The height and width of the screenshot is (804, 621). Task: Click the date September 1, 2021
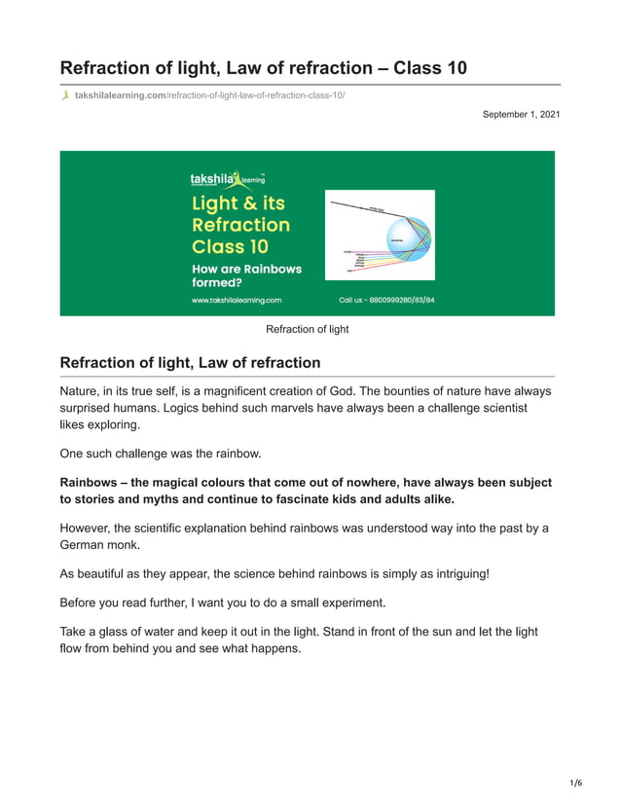point(521,115)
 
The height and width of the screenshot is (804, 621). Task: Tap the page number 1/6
point(575,783)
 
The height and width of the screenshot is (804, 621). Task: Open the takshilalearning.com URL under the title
point(209,95)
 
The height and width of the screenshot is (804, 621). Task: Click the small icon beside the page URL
point(65,95)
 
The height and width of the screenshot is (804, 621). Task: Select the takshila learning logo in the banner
point(228,178)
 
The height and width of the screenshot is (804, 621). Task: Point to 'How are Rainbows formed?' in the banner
point(246,275)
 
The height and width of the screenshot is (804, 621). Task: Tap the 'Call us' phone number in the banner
point(386,300)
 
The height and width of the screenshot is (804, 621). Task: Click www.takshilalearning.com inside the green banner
point(237,300)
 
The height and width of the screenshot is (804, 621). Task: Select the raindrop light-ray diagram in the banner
point(379,235)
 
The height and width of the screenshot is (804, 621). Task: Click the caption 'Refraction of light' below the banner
point(308,329)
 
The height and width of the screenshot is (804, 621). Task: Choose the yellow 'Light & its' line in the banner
point(238,203)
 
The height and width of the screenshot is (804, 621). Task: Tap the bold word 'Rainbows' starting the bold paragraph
point(93,483)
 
